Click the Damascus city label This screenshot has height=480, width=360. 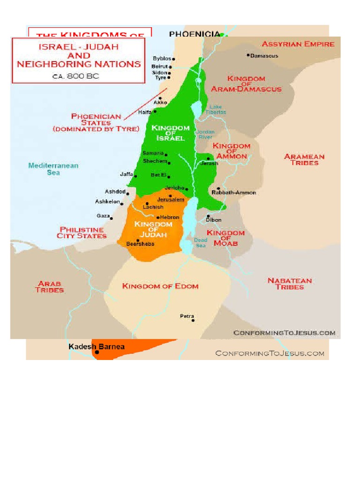[264, 56]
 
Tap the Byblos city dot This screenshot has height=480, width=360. [173, 60]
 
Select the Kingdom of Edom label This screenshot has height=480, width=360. [160, 286]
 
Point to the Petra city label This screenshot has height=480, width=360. [187, 316]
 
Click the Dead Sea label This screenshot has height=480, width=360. [201, 243]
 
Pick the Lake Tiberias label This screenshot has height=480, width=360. [216, 110]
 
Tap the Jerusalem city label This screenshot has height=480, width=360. [171, 200]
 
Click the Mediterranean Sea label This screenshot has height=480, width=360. [53, 169]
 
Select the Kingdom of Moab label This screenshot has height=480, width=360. [225, 238]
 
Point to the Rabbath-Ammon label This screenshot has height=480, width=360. [234, 193]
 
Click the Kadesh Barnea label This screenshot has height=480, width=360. [97, 347]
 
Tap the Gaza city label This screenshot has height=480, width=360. [103, 216]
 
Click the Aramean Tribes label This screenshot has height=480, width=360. [304, 160]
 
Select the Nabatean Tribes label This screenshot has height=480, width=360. [289, 284]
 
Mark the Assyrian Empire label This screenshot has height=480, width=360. [298, 44]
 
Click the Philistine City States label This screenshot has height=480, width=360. [82, 232]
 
